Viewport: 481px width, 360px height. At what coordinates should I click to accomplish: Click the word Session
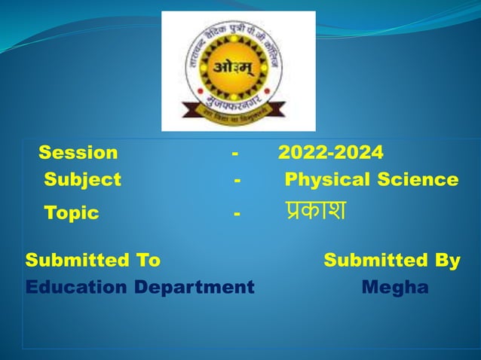pos(78,153)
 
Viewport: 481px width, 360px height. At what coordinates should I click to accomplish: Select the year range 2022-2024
pos(330,153)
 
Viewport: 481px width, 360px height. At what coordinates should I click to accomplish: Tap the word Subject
pos(82,180)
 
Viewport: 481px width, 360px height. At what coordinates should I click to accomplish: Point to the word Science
pos(418,180)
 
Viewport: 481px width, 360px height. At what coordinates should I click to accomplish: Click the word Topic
pos(72,213)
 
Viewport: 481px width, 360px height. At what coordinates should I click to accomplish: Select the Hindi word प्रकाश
pos(314,212)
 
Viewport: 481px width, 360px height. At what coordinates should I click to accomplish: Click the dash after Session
pos(236,153)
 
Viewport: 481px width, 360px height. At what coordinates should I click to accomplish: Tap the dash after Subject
pos(237,180)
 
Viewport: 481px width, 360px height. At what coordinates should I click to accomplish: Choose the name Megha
pos(395,288)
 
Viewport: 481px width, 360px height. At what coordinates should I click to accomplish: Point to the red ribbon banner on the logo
pos(239,113)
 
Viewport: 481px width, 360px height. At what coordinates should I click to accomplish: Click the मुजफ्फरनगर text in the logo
pos(239,97)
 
